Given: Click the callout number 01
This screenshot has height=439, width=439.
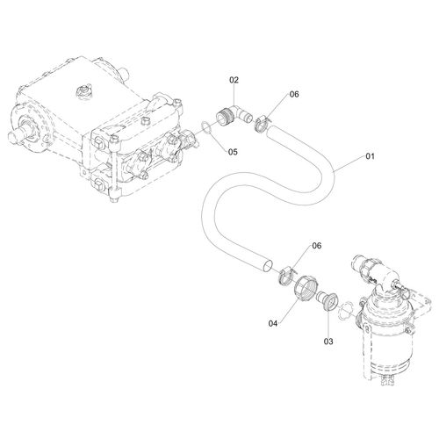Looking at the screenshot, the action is [x=370, y=156].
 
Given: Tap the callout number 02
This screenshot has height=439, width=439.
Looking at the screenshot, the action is [x=234, y=80].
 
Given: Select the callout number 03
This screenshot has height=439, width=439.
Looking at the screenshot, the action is [x=328, y=342].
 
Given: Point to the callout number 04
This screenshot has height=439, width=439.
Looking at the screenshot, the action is [x=273, y=323].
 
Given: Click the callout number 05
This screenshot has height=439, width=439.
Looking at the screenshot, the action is [x=233, y=152].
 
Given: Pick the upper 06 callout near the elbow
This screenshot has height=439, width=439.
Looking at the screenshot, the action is [x=294, y=94].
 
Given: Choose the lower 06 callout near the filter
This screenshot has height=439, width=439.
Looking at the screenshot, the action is [x=317, y=246].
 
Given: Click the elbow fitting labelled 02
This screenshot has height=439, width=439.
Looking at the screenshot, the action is [x=234, y=115].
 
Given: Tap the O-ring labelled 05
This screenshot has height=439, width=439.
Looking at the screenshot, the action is [x=207, y=128].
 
